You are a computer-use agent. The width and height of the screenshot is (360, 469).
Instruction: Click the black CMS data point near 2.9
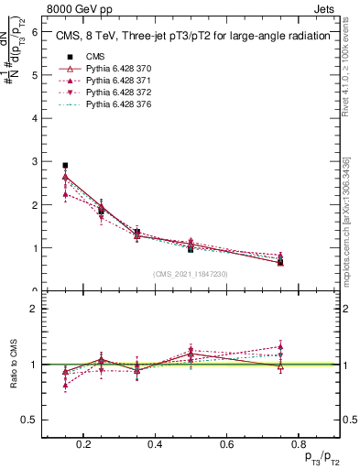[x=65, y=166]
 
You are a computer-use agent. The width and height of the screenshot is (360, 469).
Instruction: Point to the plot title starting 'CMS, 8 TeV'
[x=191, y=38]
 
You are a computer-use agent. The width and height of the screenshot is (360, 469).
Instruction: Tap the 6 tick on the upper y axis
[x=34, y=31]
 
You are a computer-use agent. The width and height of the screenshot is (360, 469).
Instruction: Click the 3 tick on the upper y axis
[x=34, y=161]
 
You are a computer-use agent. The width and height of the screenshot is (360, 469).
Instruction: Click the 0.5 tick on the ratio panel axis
[x=30, y=420]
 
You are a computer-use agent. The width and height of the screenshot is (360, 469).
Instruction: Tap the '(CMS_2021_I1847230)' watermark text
[x=191, y=273]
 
